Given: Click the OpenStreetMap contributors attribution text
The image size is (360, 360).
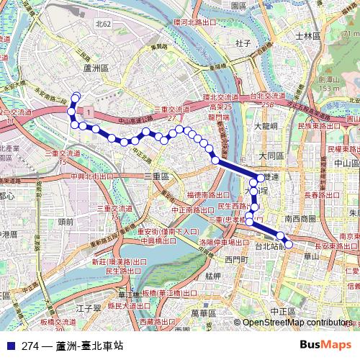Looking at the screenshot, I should pyautogui.click(x=297, y=323).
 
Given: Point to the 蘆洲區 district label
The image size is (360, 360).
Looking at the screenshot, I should pyautogui.click(x=95, y=67).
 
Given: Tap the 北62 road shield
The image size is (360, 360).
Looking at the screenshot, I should pyautogui.click(x=104, y=24).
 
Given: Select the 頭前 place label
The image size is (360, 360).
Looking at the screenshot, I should pyautogui.click(x=66, y=222).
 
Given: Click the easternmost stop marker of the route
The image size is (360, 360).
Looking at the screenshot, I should pyautogui.click(x=289, y=244).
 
